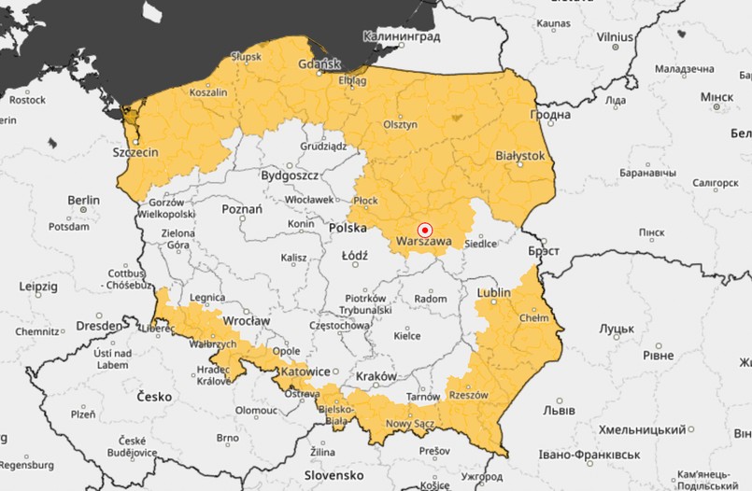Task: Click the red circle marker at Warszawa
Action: pos(424,229)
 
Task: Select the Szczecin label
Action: pos(135,151)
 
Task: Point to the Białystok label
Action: pos(519,156)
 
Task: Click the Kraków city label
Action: pos(377,375)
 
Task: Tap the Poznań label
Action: pos(241,210)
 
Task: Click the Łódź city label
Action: pos(354,255)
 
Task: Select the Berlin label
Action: pos(83,200)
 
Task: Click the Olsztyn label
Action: pos(399,124)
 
